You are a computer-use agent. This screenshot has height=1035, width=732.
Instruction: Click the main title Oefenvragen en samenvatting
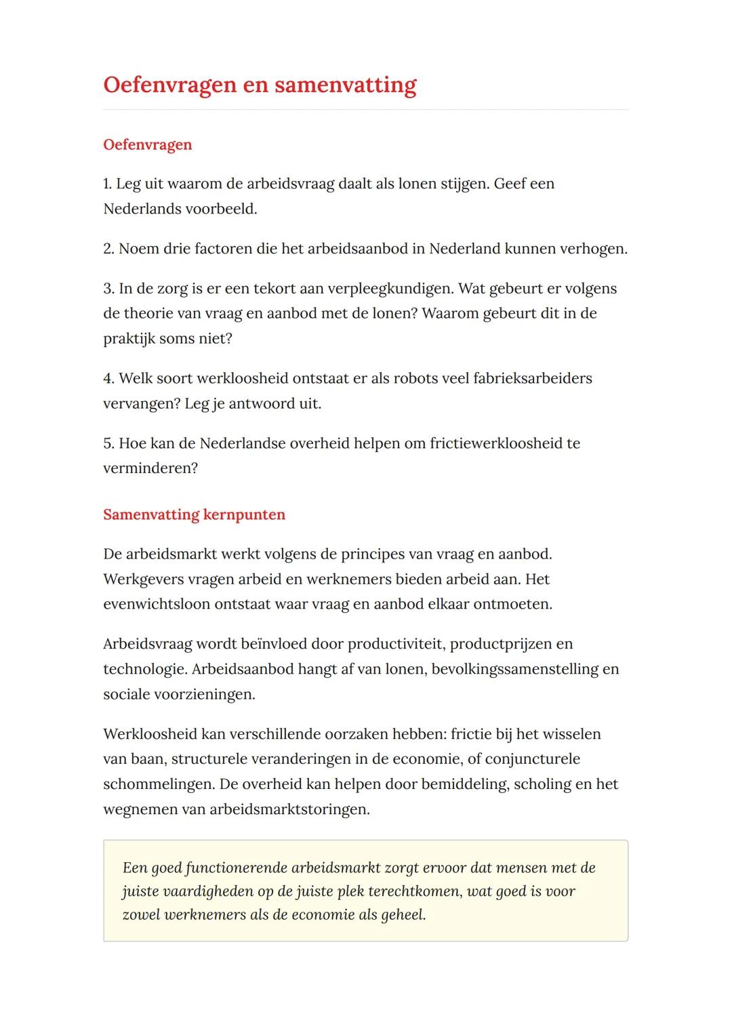pyautogui.click(x=260, y=85)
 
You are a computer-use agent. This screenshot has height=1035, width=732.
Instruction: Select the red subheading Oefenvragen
pyautogui.click(x=148, y=144)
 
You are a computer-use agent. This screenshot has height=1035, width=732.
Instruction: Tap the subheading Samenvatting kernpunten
pyautogui.click(x=194, y=514)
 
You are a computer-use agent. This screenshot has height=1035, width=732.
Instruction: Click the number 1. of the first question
pyautogui.click(x=108, y=184)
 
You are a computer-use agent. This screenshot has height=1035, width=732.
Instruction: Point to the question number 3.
pyautogui.click(x=108, y=289)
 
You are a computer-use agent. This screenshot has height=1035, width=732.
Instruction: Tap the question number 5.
pyautogui.click(x=108, y=443)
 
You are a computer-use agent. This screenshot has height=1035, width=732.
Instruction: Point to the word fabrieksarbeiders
pyautogui.click(x=526, y=378)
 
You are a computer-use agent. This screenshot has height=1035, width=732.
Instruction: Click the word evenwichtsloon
pyautogui.click(x=157, y=604)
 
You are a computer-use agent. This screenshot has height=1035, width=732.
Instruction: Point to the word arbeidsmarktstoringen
pyautogui.click(x=289, y=809)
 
